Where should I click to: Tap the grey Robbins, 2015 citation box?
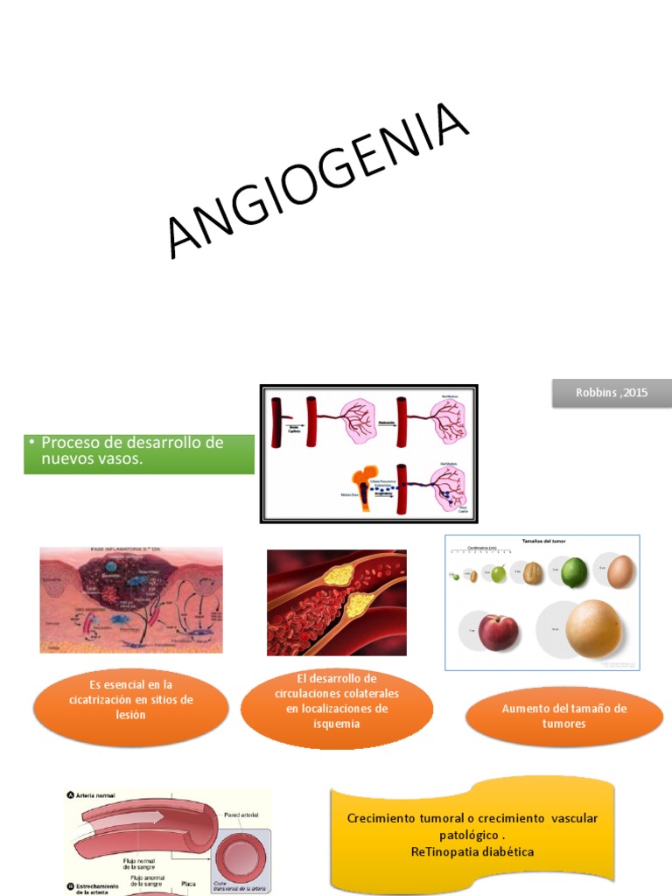point(612,393)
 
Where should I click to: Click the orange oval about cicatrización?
point(131,700)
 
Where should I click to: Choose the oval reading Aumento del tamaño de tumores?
point(564,717)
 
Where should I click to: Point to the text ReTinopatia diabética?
point(472,851)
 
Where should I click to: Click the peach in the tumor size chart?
point(498,632)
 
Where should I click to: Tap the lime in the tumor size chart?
point(573,572)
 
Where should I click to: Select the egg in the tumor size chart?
point(621,571)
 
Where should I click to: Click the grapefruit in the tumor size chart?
point(593,627)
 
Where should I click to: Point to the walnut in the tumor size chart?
point(533,574)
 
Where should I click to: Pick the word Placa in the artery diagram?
point(188,884)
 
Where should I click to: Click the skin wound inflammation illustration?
point(131,600)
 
